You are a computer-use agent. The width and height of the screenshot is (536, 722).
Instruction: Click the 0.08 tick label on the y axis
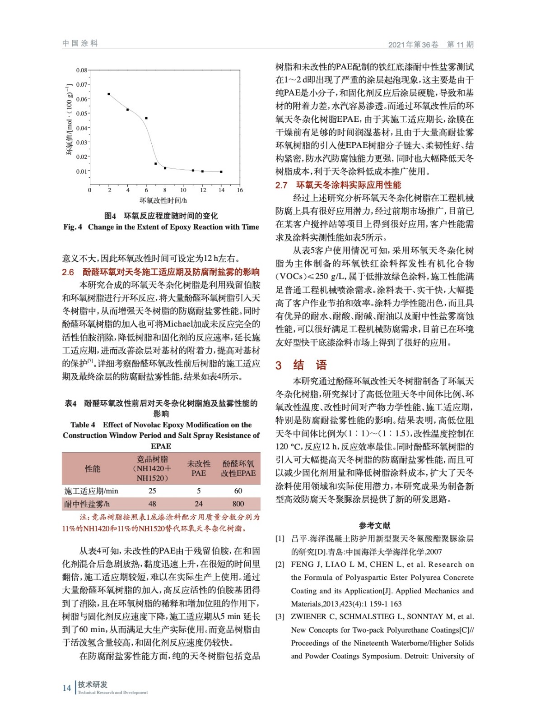point(81,70)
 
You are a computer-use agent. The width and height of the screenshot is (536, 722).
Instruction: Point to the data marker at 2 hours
point(109,94)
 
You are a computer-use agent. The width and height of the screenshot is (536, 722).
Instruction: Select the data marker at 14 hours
point(221,172)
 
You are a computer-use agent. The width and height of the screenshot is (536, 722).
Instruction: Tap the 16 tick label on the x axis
point(240,190)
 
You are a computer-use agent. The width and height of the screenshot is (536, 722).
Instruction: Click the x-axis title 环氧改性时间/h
point(163,200)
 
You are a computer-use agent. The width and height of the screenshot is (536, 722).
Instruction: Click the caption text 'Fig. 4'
point(73,227)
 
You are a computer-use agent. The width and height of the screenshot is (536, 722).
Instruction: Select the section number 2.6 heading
point(68,272)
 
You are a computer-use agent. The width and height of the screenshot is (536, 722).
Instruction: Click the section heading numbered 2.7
point(281,185)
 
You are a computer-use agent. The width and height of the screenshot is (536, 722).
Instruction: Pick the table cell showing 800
point(238,504)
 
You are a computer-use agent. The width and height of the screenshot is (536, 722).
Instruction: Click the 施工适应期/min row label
point(91,491)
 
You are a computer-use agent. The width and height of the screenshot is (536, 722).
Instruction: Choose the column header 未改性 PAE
point(199,468)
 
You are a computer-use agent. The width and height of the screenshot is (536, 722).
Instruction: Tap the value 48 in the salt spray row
point(152,504)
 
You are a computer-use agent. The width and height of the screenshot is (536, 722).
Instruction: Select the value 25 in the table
point(152,491)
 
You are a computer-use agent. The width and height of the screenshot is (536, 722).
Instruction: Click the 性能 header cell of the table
point(93,469)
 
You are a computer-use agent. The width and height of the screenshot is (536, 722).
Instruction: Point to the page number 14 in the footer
point(67,688)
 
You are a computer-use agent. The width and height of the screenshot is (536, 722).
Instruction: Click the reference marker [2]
point(280,565)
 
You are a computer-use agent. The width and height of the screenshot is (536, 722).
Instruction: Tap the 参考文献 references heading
point(374,525)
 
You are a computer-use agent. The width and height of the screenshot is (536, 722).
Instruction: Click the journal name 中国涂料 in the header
point(80,43)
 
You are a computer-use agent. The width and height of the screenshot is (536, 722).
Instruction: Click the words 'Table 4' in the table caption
point(83,425)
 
